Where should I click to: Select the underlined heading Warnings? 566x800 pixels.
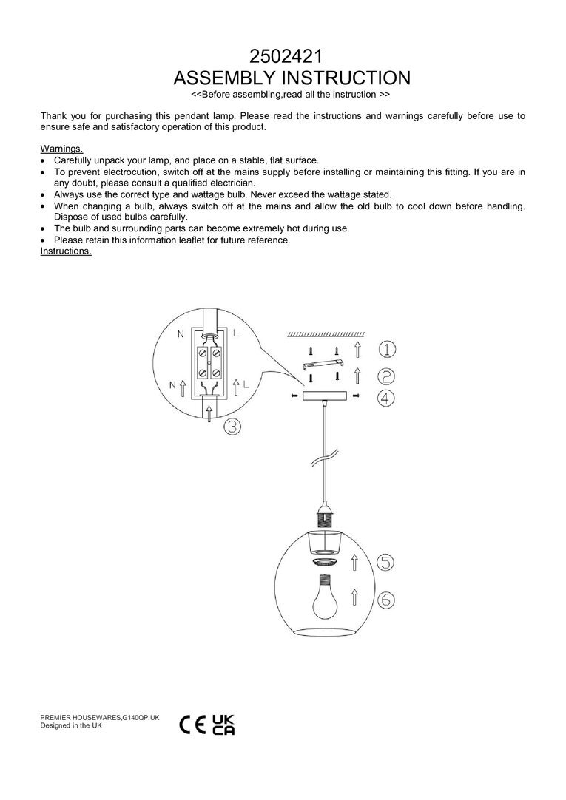[61, 149]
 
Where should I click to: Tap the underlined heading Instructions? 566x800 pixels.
[66, 251]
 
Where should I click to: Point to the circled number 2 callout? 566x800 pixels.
[386, 375]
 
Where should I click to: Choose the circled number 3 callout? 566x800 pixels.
[233, 427]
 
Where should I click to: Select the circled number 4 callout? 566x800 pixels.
[386, 399]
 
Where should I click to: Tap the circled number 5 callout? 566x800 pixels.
[385, 563]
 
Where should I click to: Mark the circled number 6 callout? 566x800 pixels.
[385, 600]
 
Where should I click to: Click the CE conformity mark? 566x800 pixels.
[194, 725]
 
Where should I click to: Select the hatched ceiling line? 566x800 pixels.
[324, 333]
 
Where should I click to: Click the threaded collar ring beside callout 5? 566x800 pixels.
[323, 563]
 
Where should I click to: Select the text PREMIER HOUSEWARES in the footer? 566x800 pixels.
[81, 718]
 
